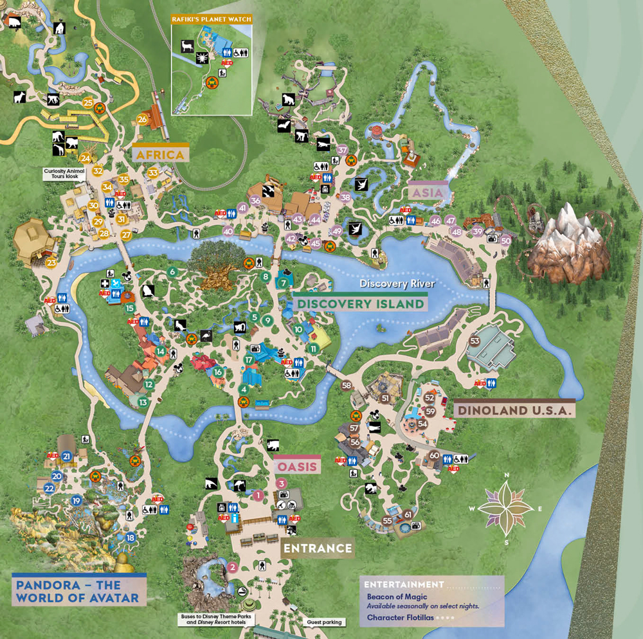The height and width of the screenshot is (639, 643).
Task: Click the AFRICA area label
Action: (x=161, y=154)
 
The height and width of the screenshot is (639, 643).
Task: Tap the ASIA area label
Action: (x=428, y=192)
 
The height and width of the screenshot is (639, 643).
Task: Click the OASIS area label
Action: (x=297, y=466)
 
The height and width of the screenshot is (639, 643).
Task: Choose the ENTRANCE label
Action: (x=318, y=548)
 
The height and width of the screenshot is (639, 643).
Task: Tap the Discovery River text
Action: (x=397, y=283)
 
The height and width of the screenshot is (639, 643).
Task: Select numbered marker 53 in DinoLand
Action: (x=475, y=341)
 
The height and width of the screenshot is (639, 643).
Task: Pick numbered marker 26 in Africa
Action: (x=142, y=119)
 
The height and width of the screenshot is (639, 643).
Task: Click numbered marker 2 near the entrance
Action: (x=233, y=568)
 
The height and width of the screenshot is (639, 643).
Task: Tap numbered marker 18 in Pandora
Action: (x=131, y=537)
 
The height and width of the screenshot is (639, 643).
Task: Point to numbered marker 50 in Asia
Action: (x=505, y=240)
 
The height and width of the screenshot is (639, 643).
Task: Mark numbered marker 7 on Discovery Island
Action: (x=283, y=282)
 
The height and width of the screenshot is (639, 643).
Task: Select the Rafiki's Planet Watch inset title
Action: (x=210, y=20)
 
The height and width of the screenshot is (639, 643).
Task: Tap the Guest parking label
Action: (x=323, y=622)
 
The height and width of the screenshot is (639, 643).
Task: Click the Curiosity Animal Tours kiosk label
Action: (x=62, y=174)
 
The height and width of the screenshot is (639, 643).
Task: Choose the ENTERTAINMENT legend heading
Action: (x=404, y=584)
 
